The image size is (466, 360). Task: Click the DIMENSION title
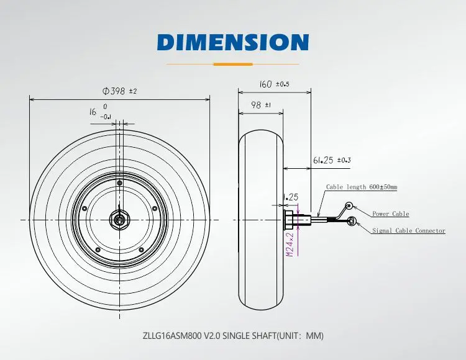click(x=233, y=42)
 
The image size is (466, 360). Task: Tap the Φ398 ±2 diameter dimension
click(x=119, y=91)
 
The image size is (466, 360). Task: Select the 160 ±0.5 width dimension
click(x=274, y=84)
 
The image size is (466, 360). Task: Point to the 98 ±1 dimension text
click(x=260, y=105)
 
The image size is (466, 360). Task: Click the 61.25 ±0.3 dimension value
click(x=332, y=160)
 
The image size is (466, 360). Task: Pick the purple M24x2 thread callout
click(x=290, y=245)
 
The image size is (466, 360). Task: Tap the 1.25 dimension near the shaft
click(x=291, y=197)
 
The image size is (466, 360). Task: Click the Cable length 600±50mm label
click(x=362, y=187)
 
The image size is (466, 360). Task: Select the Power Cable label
click(x=391, y=214)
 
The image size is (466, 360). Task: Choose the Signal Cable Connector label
click(x=409, y=231)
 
